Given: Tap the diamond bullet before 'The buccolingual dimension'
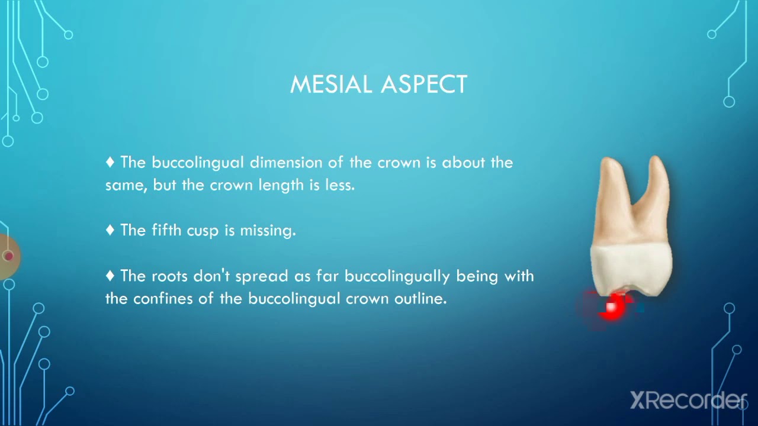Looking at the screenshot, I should pyautogui.click(x=110, y=162).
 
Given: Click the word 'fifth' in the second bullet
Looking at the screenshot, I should pyautogui.click(x=167, y=231).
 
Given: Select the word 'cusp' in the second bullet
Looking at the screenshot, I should pyautogui.click(x=203, y=231).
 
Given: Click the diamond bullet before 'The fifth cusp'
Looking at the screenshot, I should pyautogui.click(x=110, y=230).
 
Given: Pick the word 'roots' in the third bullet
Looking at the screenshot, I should pyautogui.click(x=170, y=276).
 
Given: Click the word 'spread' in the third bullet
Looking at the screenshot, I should pyautogui.click(x=260, y=277).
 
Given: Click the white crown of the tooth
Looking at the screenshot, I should pyautogui.click(x=631, y=269).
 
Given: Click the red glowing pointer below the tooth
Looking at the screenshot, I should pyautogui.click(x=612, y=307).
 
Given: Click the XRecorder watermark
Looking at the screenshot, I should pyautogui.click(x=687, y=401).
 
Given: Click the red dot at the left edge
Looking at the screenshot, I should pyautogui.click(x=8, y=256).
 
